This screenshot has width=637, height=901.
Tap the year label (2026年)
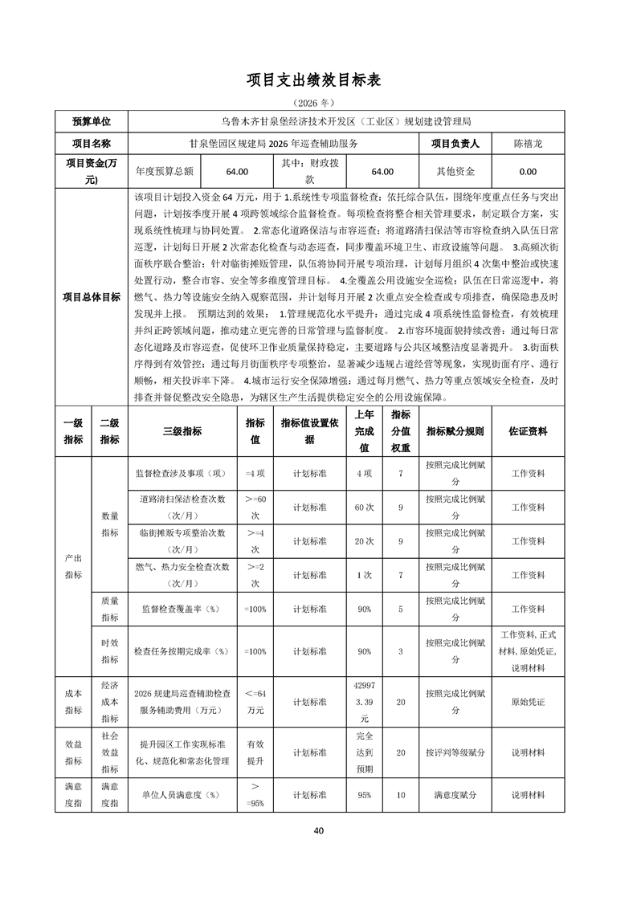[x=318, y=104]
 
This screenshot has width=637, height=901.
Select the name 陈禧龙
[x=528, y=144]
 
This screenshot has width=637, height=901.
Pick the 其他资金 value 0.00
[x=528, y=171]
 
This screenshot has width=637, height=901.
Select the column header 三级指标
[x=182, y=431]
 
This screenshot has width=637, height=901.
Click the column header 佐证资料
[x=528, y=431]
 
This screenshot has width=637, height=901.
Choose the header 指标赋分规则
[x=455, y=431]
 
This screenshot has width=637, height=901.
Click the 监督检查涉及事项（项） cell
[x=182, y=473]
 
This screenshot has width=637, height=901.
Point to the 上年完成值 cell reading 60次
[x=365, y=508]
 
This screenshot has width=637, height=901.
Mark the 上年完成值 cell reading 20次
[x=365, y=541]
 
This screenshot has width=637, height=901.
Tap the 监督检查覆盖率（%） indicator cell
[x=182, y=609]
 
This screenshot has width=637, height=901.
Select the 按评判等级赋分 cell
[x=455, y=752]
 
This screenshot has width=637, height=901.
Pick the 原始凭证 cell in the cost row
[x=528, y=703]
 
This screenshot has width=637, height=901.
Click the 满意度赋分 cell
[x=455, y=795]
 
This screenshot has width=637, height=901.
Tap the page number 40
[x=318, y=830]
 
